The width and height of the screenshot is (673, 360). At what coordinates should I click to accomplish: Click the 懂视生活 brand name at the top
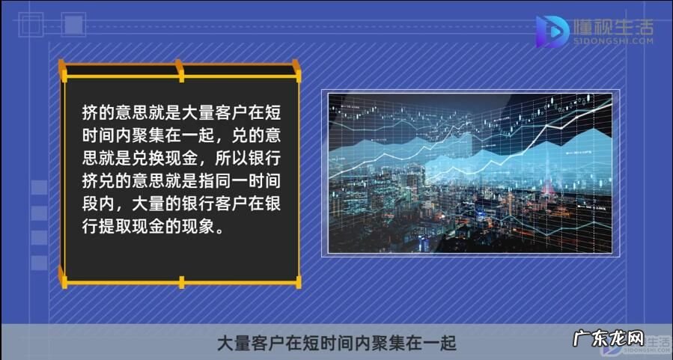612,28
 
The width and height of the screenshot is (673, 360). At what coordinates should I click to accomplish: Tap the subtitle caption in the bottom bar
336,344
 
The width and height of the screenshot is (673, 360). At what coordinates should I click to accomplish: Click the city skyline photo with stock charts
471,172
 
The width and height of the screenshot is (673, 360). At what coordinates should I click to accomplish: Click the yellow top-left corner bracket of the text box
66,71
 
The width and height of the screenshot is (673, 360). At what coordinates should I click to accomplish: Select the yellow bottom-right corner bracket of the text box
295,281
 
